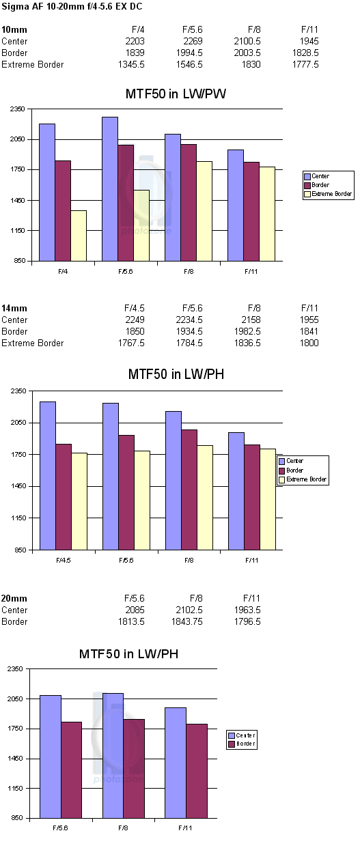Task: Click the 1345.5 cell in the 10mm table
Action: [131, 65]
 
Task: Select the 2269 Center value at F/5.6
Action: [193, 41]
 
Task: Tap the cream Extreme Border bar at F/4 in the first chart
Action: [79, 236]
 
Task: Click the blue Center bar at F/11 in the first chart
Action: [236, 206]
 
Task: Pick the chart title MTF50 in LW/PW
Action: [176, 94]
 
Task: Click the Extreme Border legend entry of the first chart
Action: [328, 194]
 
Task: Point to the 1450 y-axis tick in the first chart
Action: [17, 200]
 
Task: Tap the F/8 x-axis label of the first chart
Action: [189, 272]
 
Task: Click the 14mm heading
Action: [14, 308]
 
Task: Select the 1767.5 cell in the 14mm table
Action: [131, 343]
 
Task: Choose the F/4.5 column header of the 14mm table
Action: [134, 308]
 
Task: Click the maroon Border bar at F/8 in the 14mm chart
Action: [189, 490]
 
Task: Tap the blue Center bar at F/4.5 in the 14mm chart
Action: [48, 476]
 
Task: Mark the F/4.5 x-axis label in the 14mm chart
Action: [64, 561]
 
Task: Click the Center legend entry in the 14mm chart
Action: [291, 461]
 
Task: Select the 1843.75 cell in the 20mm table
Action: [187, 621]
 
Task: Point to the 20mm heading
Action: [14, 598]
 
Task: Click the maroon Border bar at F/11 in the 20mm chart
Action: [197, 771]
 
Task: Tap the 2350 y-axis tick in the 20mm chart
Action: [15, 669]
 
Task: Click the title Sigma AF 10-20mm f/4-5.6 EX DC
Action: [72, 7]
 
